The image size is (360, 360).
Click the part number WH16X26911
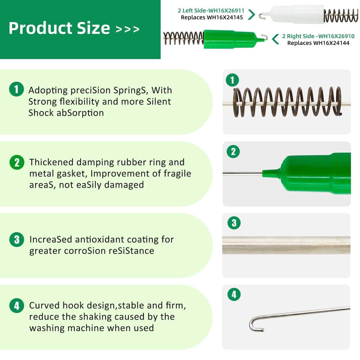tap(226, 10)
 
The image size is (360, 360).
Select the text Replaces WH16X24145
tap(212, 17)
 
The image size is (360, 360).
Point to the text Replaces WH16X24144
tap(318, 43)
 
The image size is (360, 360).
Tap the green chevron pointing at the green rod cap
tap(275, 39)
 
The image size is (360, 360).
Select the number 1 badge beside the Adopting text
tap(16, 89)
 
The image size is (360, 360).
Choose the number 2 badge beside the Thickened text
tap(17, 162)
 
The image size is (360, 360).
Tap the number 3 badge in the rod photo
tap(234, 223)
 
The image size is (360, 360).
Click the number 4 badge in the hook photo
tap(234, 295)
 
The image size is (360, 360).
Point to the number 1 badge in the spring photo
tap(232, 80)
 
